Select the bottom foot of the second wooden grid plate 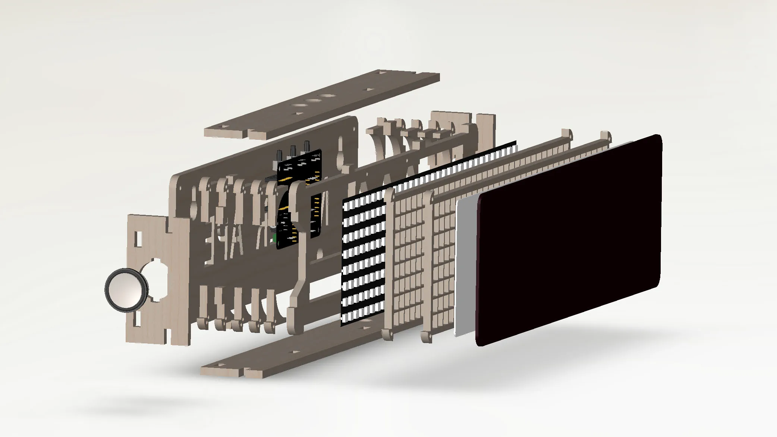[427, 336]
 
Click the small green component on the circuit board [274, 237]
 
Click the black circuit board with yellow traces [298, 198]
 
